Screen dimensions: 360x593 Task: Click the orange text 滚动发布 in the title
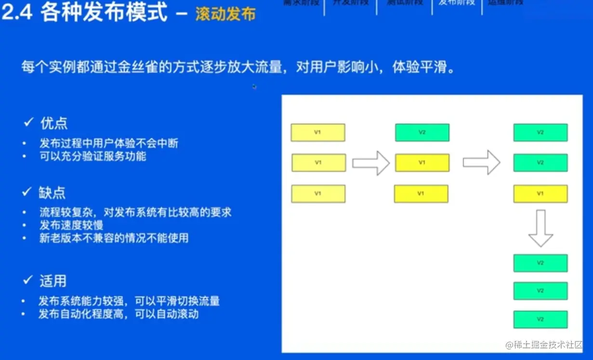tap(225, 14)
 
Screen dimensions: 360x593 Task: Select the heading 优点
tap(54, 123)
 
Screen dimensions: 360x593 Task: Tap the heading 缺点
tap(53, 193)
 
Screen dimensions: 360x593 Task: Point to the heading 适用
tap(53, 281)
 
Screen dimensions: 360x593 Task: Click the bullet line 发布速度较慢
tap(71, 225)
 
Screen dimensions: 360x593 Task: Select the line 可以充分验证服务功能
tap(92, 156)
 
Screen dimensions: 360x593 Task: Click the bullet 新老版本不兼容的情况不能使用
tap(114, 238)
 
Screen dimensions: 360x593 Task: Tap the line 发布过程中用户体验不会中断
tap(112, 143)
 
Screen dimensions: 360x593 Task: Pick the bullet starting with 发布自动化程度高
tap(119, 314)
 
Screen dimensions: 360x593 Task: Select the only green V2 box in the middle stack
tap(422, 133)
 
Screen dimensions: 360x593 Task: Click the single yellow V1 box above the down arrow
tap(540, 194)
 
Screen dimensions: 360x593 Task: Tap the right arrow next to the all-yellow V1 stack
tap(370, 163)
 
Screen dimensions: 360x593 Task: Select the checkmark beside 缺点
tap(27, 193)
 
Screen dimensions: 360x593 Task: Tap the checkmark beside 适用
tap(27, 281)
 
